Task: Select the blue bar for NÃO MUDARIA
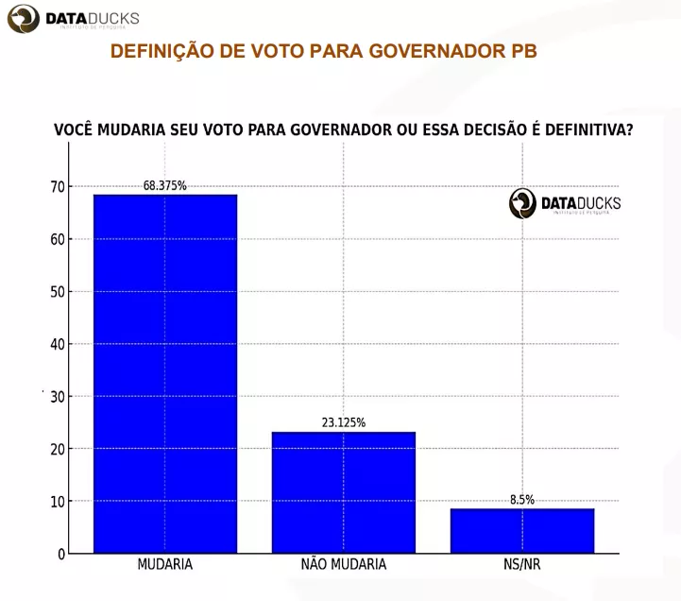[x=344, y=492]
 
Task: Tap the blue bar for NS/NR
[x=522, y=530]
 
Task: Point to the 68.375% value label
[x=165, y=186]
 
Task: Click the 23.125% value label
[x=344, y=422]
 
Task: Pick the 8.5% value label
[x=522, y=500]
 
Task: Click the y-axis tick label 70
[x=59, y=187]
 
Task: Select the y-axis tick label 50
[x=59, y=292]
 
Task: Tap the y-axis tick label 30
[x=59, y=397]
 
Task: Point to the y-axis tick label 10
[x=59, y=501]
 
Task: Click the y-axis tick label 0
[x=61, y=554]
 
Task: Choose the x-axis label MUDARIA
[x=165, y=564]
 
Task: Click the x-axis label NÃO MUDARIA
[x=344, y=564]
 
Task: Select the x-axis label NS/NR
[x=522, y=564]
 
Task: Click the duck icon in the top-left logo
[x=24, y=19]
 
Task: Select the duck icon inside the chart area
[x=523, y=202]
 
